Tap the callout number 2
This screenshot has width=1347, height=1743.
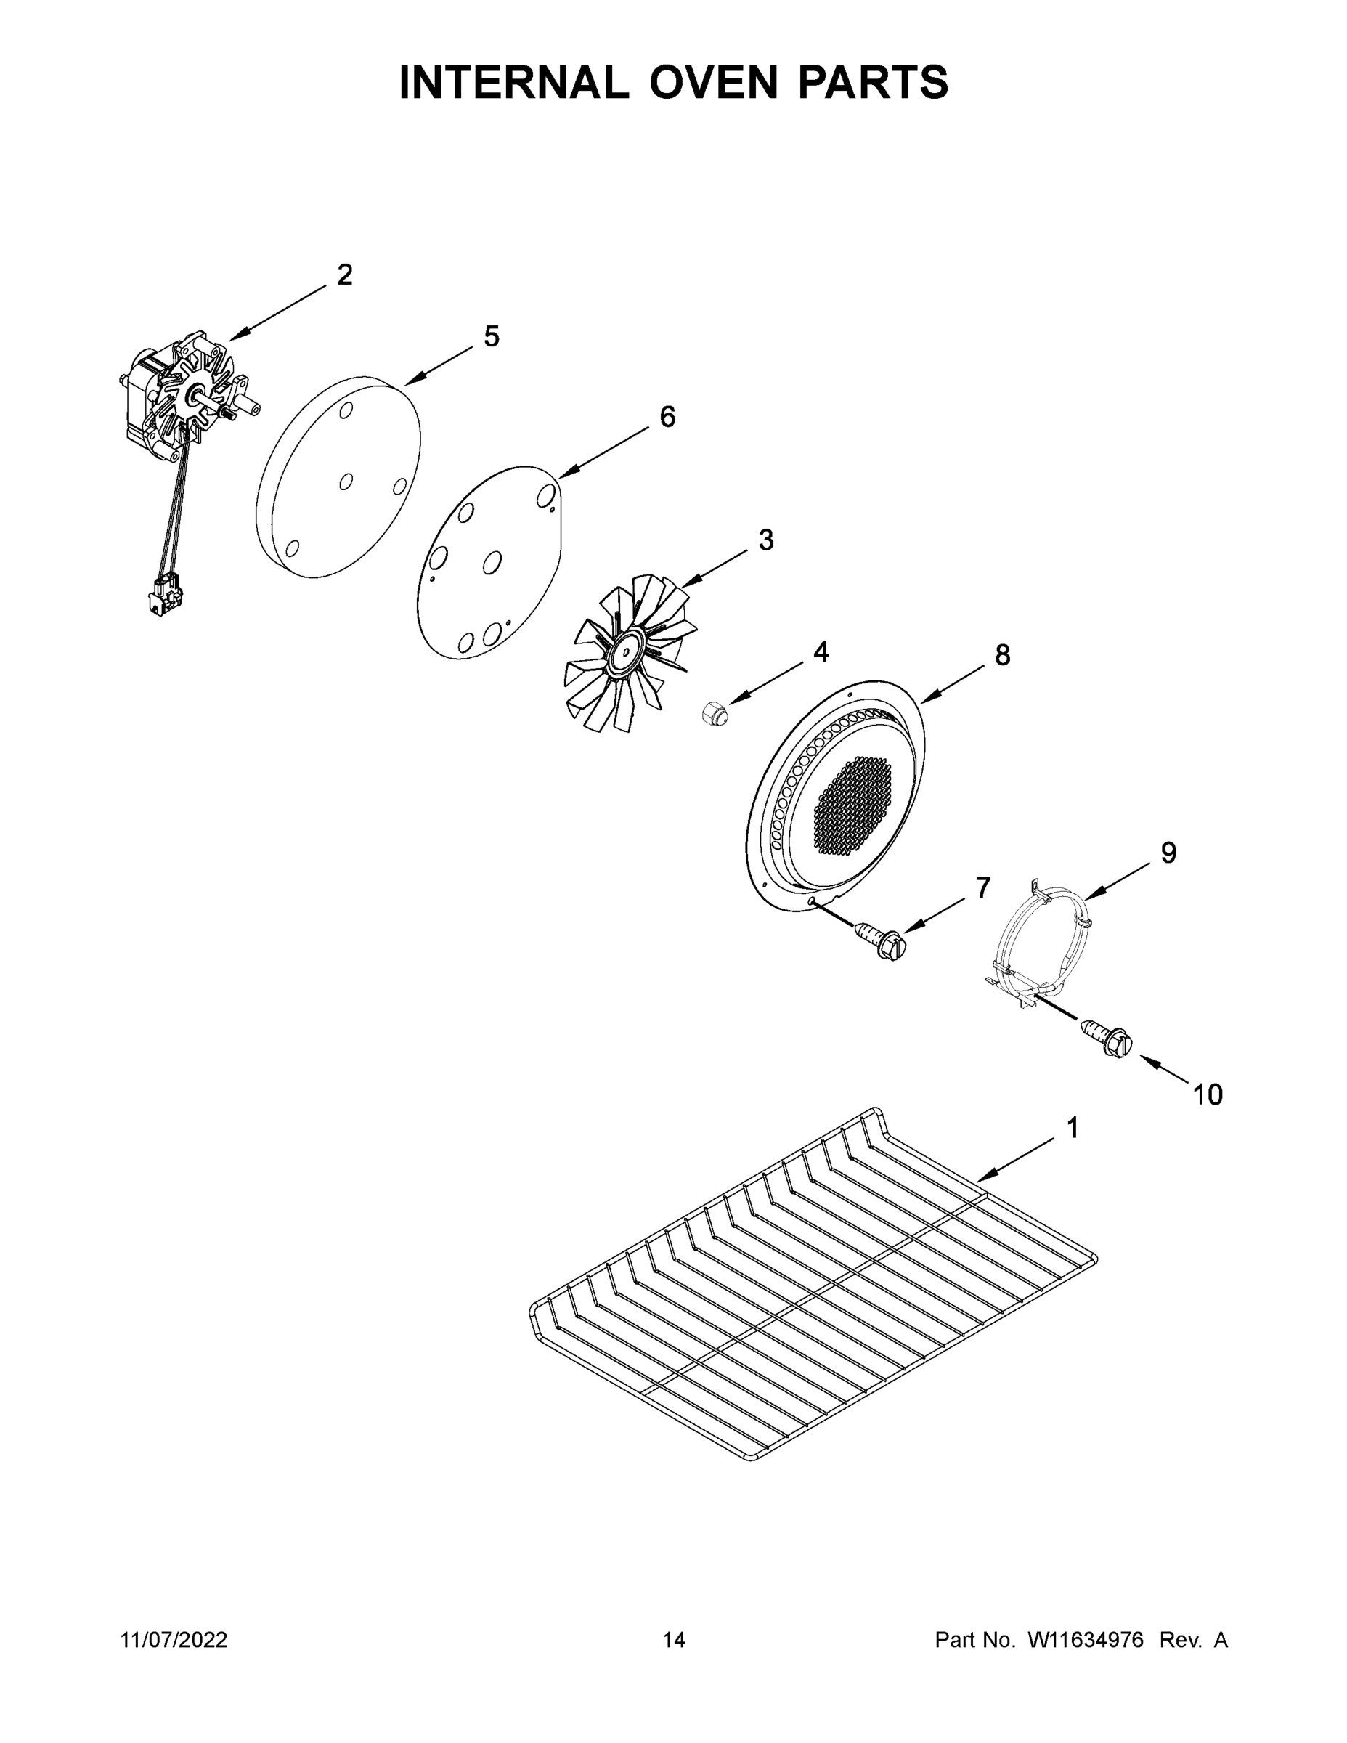[x=344, y=275]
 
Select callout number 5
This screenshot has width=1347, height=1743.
[x=492, y=337]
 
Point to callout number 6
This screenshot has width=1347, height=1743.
[x=667, y=417]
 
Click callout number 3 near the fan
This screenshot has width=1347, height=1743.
[x=765, y=540]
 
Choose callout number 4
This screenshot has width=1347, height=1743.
[x=821, y=652]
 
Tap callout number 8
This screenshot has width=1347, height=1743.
[x=1002, y=655]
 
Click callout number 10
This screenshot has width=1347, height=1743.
[x=1208, y=1095]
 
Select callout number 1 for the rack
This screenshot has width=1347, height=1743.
[x=1073, y=1128]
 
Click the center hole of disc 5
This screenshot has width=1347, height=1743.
[x=346, y=482]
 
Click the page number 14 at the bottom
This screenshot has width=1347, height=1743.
[x=674, y=1639]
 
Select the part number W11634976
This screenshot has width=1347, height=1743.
[x=1086, y=1639]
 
